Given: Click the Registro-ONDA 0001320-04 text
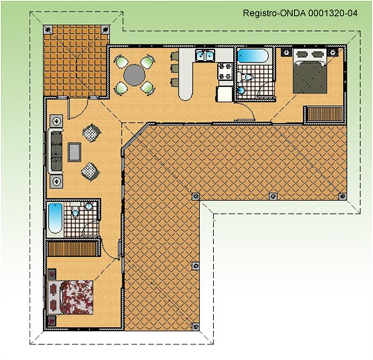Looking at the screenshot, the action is click(300, 13).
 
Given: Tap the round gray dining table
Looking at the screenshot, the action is click(134, 76).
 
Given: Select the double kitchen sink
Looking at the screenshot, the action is click(205, 55).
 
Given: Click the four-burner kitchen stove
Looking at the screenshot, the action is click(225, 71).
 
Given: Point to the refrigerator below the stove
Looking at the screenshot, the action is click(224, 94).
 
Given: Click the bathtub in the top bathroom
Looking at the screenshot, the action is click(253, 56).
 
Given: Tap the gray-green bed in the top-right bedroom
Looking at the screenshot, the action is click(310, 71).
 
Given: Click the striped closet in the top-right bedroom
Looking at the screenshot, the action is click(325, 114).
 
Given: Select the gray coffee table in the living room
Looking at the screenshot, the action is click(75, 152).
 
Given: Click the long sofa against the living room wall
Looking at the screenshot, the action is click(56, 151).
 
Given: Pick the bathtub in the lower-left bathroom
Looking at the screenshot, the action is click(55, 218).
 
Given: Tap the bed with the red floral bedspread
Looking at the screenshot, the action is click(70, 298).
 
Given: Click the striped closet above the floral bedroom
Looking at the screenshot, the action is click(72, 249).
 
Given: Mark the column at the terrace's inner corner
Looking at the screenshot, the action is click(196, 197).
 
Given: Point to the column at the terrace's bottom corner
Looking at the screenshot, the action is click(196, 326).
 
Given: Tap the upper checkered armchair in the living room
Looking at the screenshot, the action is click(91, 133).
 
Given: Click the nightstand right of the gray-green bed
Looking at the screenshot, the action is click(333, 52).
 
